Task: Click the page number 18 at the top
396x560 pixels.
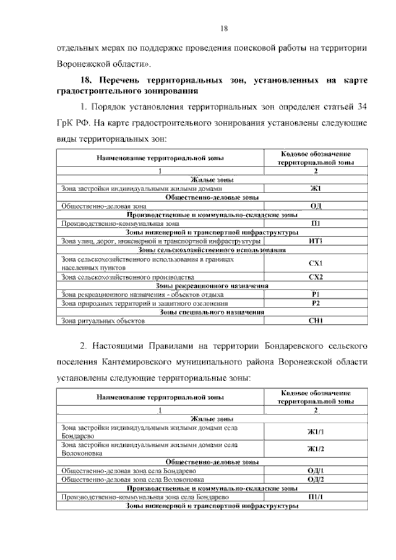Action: coord(225,27)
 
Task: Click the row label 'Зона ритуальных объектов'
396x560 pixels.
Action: coord(102,321)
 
